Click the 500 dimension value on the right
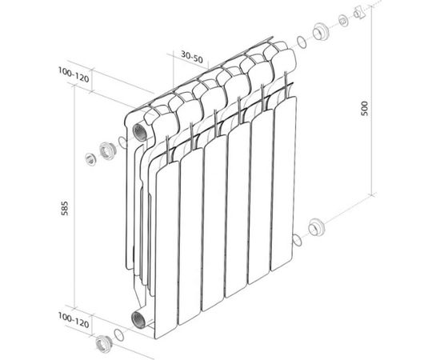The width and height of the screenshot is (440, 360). click(365, 112)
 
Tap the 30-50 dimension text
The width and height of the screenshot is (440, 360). click(190, 56)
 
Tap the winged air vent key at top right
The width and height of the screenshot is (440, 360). click(358, 14)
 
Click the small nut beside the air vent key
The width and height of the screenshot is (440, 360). click(342, 19)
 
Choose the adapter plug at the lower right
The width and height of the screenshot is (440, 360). click(316, 227)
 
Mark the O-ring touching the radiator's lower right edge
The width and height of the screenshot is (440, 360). click(295, 239)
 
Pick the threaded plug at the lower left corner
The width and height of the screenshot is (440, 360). click(103, 346)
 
